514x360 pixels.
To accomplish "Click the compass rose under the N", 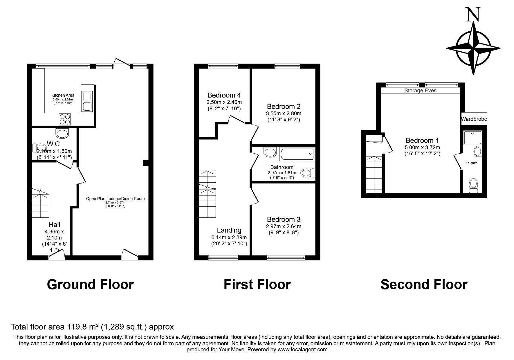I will pyautogui.click(x=473, y=48).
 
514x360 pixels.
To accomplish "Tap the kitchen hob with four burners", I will pyautogui.click(x=65, y=119).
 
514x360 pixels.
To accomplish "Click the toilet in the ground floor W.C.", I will pyautogui.click(x=37, y=147).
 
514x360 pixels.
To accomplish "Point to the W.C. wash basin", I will pyautogui.click(x=62, y=134).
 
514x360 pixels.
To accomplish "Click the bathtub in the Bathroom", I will pyautogui.click(x=297, y=154).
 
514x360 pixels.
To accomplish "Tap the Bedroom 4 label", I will pyautogui.click(x=224, y=95).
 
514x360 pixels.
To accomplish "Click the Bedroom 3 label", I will pyautogui.click(x=284, y=219).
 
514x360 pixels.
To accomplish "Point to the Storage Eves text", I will pyautogui.click(x=420, y=91).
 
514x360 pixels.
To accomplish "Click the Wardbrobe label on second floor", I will pyautogui.click(x=474, y=119).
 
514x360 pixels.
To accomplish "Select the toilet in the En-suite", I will pyautogui.click(x=473, y=185).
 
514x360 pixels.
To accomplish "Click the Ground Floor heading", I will pyautogui.click(x=90, y=285).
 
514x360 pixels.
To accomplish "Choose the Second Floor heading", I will pyautogui.click(x=424, y=285).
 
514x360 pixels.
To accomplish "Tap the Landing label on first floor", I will pyautogui.click(x=229, y=230).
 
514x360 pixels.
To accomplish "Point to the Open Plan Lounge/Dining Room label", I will pyautogui.click(x=115, y=199).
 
